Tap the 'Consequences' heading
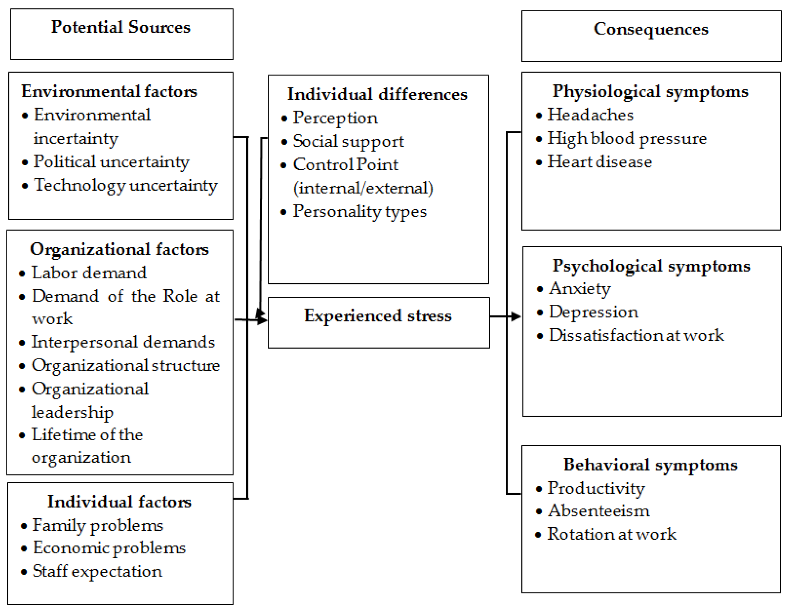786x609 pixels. click(651, 29)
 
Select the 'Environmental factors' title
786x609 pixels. click(109, 91)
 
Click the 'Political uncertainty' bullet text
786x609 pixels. click(111, 162)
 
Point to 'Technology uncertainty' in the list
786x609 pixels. click(126, 185)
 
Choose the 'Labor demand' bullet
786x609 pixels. click(89, 273)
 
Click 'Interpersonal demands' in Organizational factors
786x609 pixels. click(123, 342)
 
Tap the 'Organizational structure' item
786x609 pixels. click(126, 366)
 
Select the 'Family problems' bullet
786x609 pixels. click(97, 525)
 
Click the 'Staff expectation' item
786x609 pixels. click(97, 571)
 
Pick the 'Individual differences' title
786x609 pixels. click(377, 94)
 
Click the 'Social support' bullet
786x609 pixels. click(348, 141)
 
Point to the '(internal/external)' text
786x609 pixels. click(363, 188)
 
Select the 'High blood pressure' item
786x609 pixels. click(627, 138)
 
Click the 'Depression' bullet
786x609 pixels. click(593, 312)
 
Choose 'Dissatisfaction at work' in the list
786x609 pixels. click(636, 336)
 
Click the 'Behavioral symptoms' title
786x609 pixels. click(650, 465)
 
